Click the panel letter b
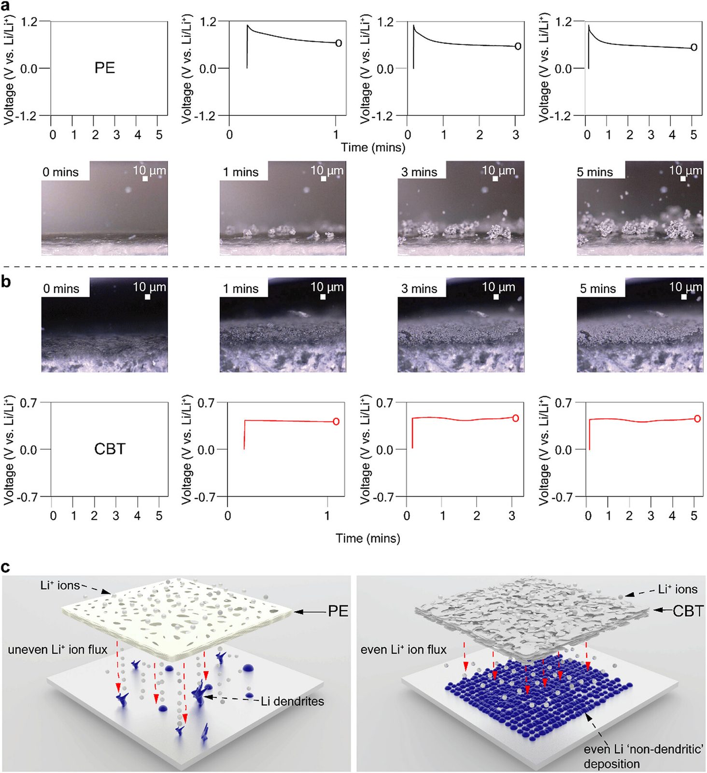coord(6,281)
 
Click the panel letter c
coord(6,567)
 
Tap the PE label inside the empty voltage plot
coord(105,68)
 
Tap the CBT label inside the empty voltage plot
coord(110,449)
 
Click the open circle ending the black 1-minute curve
coord(339,43)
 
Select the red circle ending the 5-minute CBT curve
coord(697,418)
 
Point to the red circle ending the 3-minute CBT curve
coord(515,418)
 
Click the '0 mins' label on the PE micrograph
coord(60,172)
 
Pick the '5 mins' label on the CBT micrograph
coord(598,288)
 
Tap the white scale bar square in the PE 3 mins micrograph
coord(495,179)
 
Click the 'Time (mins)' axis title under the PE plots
coord(373,147)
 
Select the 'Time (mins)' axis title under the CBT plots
coord(368,538)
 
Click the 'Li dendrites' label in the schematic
coord(292,701)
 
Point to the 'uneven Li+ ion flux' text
coord(57,649)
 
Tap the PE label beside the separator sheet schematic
coord(338,611)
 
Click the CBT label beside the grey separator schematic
coord(688,611)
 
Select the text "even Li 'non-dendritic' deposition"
coord(643,756)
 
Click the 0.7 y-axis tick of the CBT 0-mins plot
coord(28,402)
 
